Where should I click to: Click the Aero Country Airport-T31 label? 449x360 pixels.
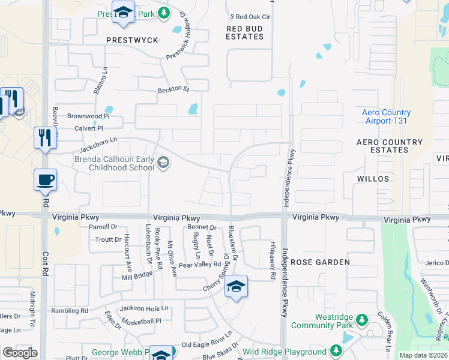tap(386, 116)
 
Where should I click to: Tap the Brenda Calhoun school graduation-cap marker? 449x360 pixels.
tap(162, 163)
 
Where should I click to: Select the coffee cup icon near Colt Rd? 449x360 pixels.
tap(46, 179)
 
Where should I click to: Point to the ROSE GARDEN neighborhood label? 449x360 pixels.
tap(320, 262)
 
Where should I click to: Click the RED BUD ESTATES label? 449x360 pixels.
tap(245, 32)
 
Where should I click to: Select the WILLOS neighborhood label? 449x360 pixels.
tap(373, 179)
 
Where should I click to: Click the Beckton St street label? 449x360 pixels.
tap(173, 89)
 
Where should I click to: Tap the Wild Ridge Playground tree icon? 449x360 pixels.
tap(335, 352)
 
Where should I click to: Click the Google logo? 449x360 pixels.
tap(20, 353)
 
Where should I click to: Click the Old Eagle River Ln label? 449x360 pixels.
tap(206, 341)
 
